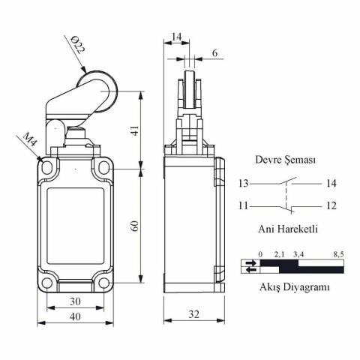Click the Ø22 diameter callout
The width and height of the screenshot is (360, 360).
tap(78, 44)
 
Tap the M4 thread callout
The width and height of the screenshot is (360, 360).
tap(30, 139)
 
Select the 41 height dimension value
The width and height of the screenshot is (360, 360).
tap(135, 130)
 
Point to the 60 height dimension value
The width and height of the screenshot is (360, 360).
tap(135, 226)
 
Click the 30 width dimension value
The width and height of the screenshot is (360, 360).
tap(75, 301)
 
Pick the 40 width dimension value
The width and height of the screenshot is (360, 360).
tap(75, 316)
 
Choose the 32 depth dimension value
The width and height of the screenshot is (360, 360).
tap(193, 314)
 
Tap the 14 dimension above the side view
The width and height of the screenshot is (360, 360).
tap(176, 37)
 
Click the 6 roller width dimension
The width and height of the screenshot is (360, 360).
tap(215, 53)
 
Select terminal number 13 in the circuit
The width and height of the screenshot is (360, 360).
tap(243, 184)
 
